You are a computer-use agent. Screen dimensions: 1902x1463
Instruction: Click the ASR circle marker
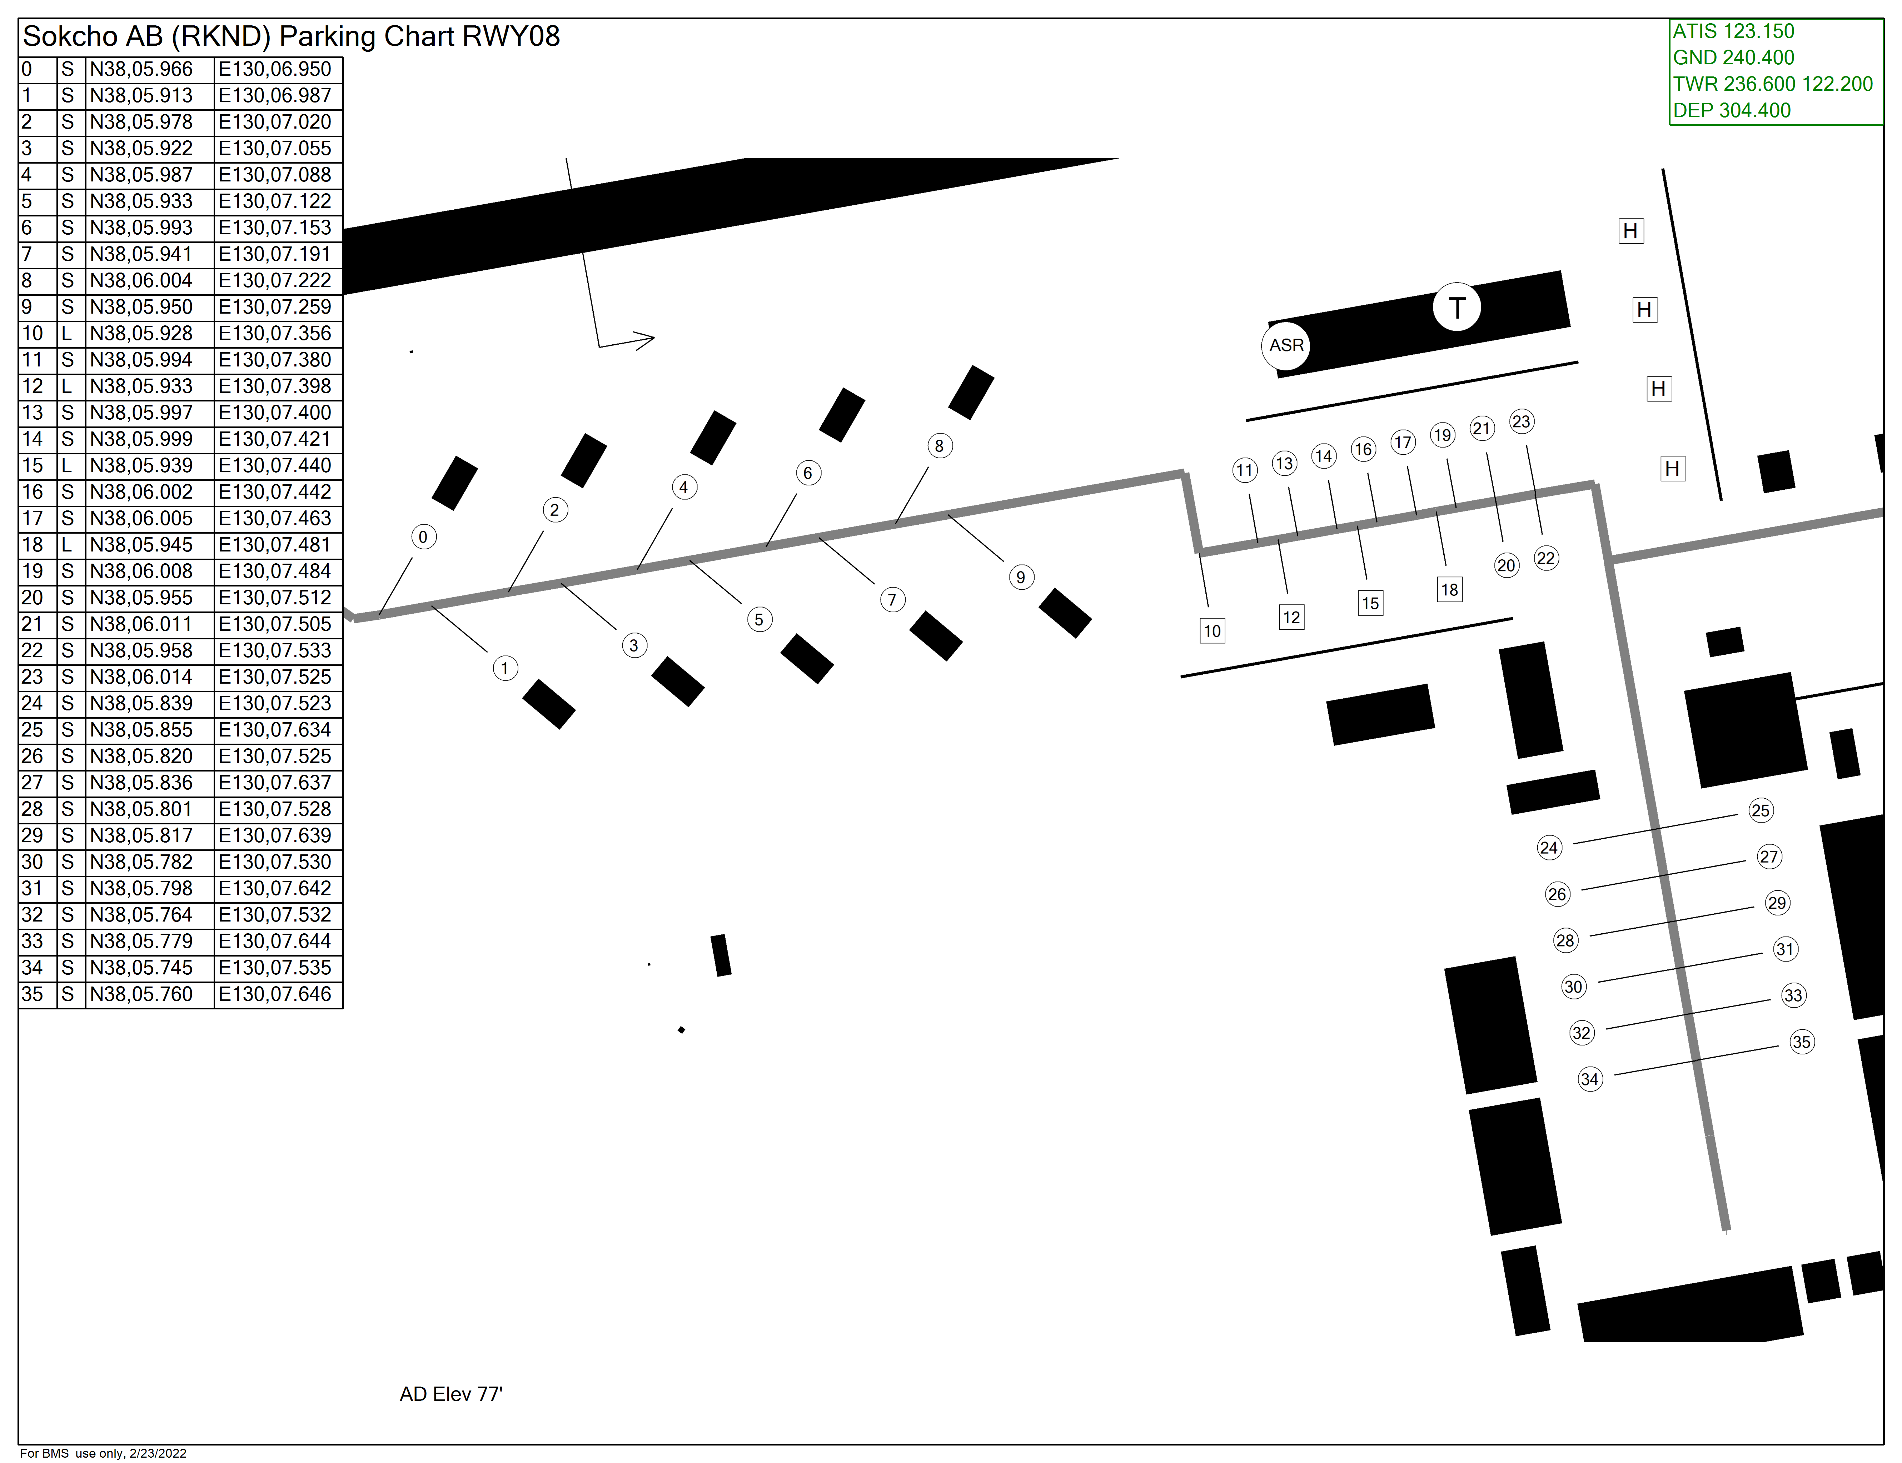pyautogui.click(x=1286, y=346)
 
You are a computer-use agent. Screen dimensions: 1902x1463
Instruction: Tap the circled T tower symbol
pyautogui.click(x=1457, y=308)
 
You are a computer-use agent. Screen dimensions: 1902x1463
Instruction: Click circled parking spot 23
pyautogui.click(x=1520, y=421)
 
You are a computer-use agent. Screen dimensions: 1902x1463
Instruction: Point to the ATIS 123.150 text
pyautogui.click(x=1733, y=31)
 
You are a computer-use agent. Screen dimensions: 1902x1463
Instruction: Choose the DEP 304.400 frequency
pyautogui.click(x=1731, y=111)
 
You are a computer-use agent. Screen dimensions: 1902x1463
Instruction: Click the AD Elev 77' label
pyautogui.click(x=451, y=1394)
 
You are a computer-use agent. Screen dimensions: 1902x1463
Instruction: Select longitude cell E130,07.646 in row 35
pyautogui.click(x=275, y=994)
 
